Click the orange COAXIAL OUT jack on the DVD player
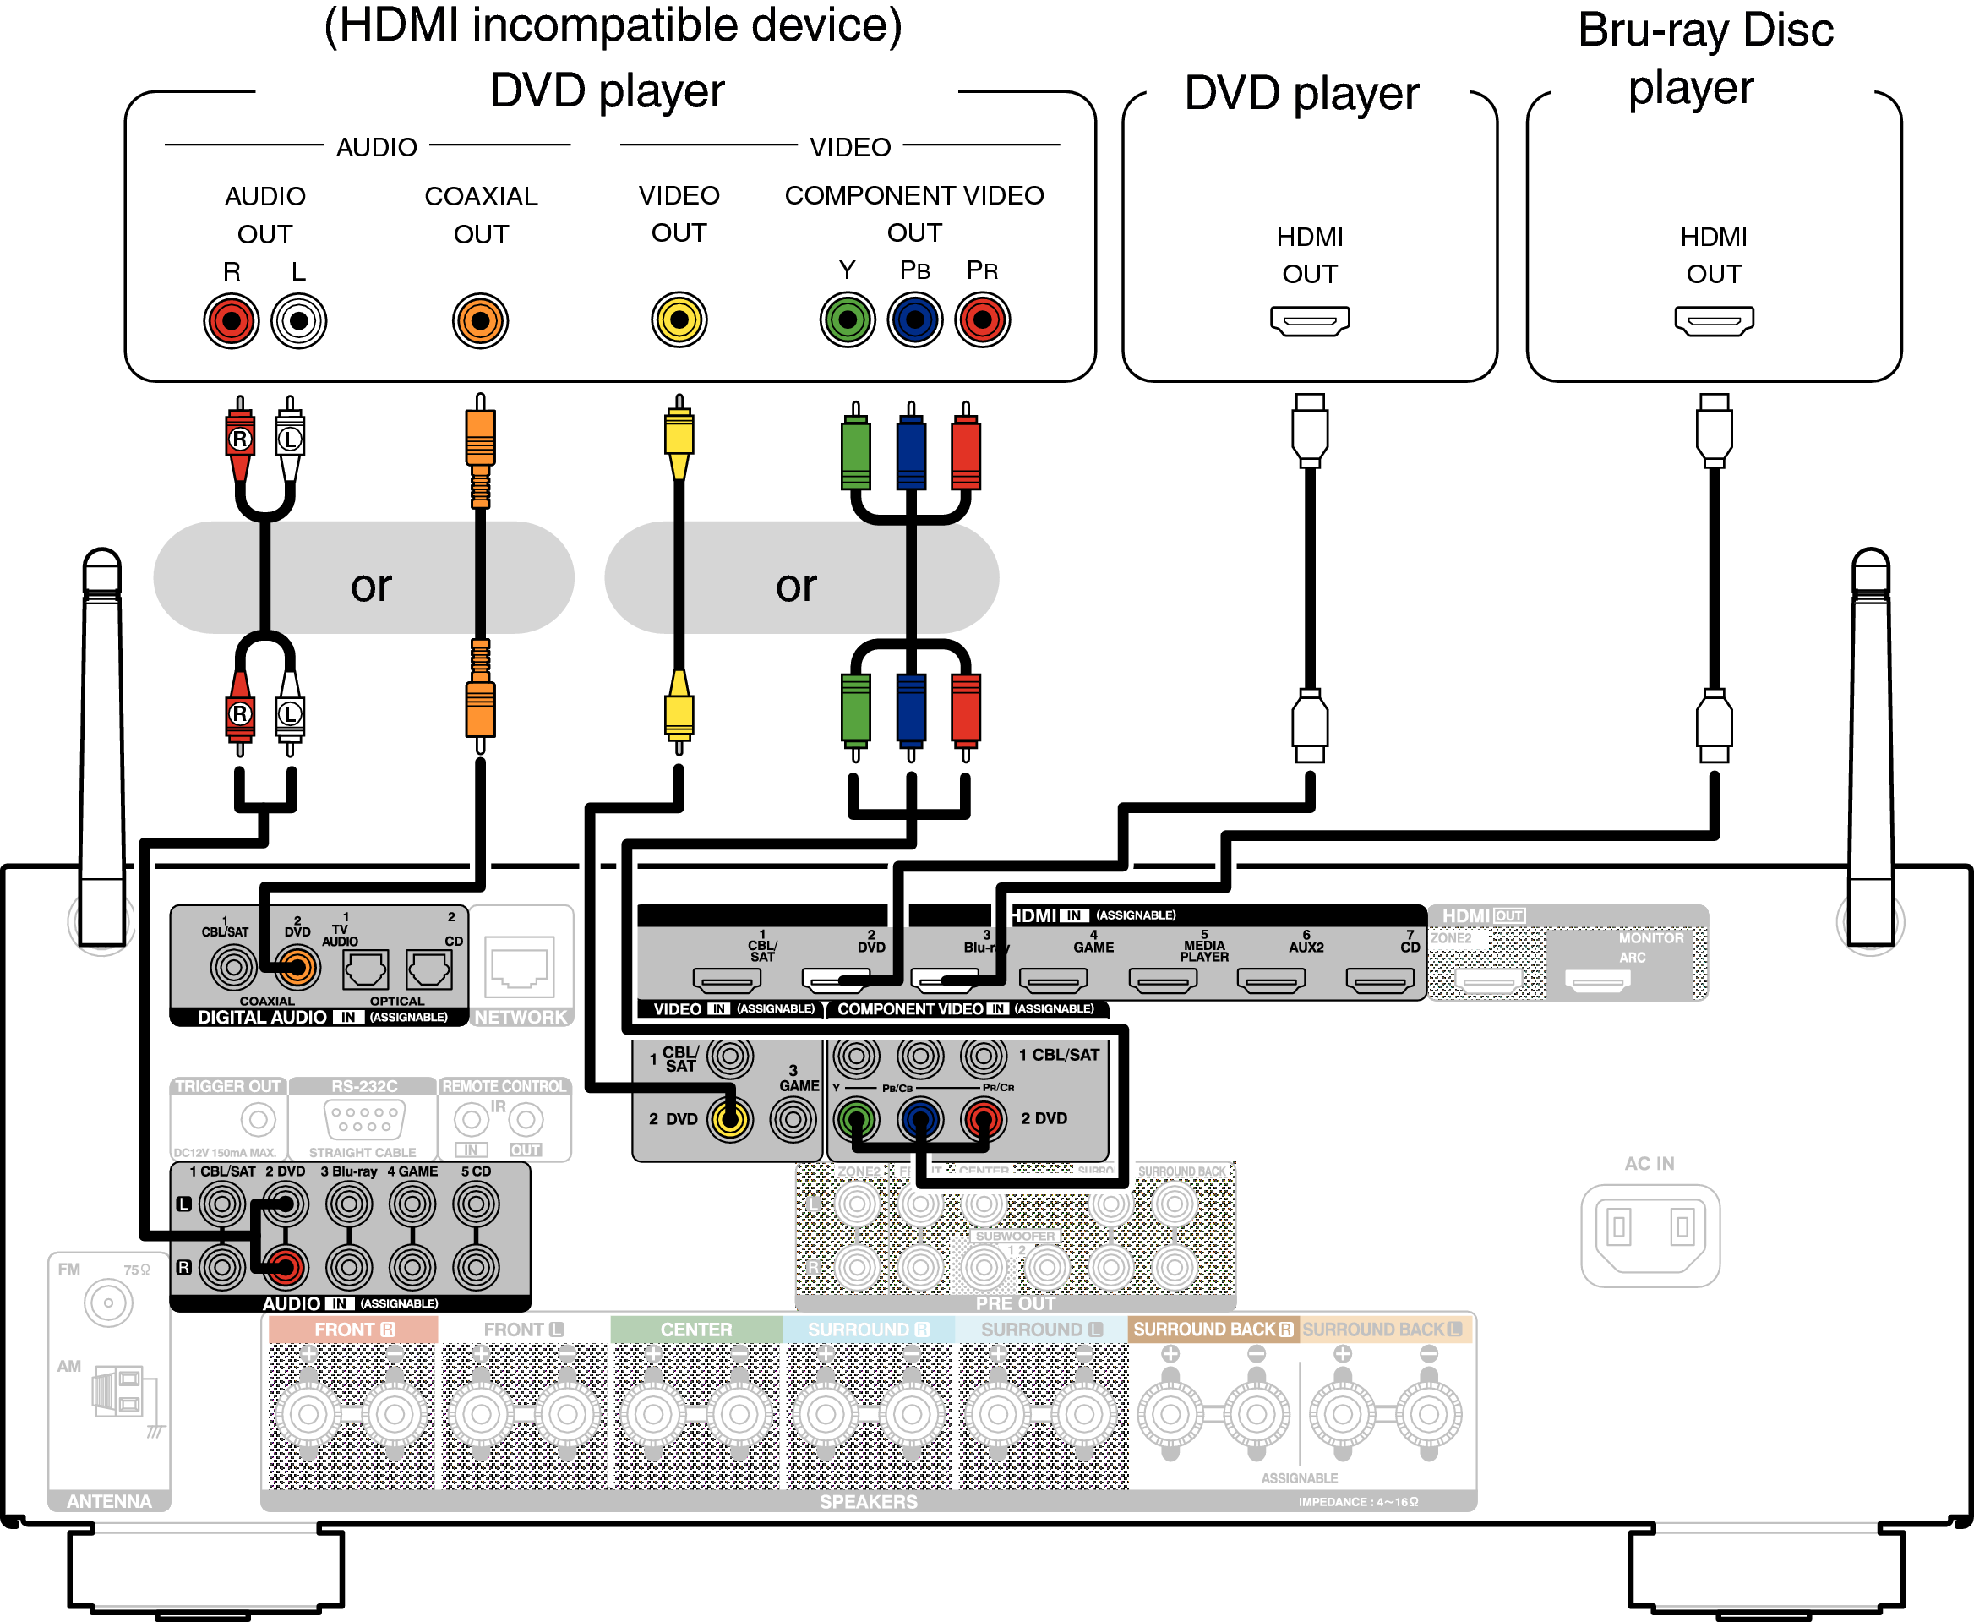coord(480,321)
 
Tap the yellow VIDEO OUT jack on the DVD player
coord(679,320)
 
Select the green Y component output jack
coord(848,320)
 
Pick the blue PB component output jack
coord(914,320)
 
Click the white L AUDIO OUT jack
coord(299,321)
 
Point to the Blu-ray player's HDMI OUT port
coord(1714,320)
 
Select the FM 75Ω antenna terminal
coord(108,1303)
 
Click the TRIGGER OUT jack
coord(258,1118)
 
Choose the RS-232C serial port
coord(364,1118)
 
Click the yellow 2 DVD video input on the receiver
coord(729,1118)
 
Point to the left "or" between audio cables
coord(371,586)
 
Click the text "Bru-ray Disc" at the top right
coord(1705,30)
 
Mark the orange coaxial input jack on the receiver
coord(296,967)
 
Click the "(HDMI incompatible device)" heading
coord(613,25)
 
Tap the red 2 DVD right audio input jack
coord(285,1267)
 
